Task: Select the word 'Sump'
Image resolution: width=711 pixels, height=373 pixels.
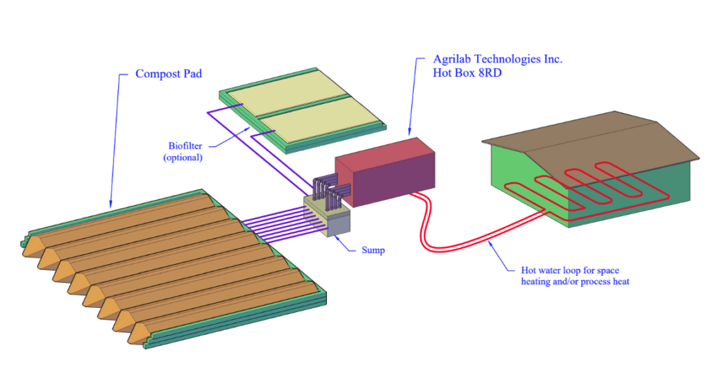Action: pyautogui.click(x=373, y=250)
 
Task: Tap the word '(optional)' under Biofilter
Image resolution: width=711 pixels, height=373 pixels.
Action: pyautogui.click(x=183, y=157)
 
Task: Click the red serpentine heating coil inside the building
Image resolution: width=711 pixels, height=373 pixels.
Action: pyautogui.click(x=583, y=184)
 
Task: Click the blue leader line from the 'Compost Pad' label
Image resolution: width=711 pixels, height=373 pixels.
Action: pyautogui.click(x=114, y=139)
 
